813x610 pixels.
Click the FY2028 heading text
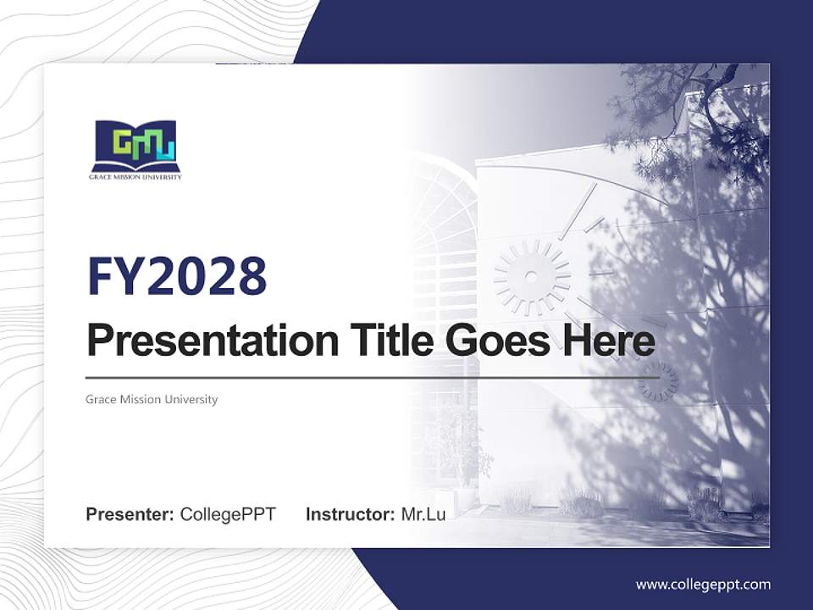pyautogui.click(x=177, y=276)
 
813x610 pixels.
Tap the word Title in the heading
pyautogui.click(x=386, y=341)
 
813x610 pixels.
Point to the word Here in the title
pyautogui.click(x=605, y=341)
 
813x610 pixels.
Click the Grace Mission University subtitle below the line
pyautogui.click(x=152, y=399)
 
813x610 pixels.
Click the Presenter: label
pyautogui.click(x=130, y=514)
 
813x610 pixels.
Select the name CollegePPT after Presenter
pyautogui.click(x=228, y=514)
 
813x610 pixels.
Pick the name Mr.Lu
pyautogui.click(x=423, y=514)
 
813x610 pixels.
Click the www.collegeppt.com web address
pyautogui.click(x=703, y=584)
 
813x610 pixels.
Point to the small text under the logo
pyautogui.click(x=135, y=177)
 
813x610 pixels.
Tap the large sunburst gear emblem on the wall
pyautogui.click(x=532, y=276)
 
